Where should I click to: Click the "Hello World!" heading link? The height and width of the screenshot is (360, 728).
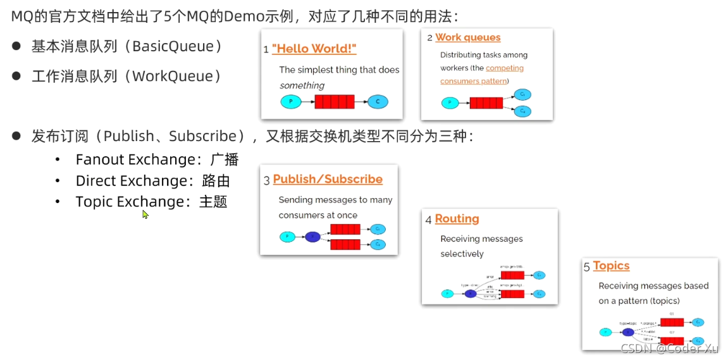tap(314, 49)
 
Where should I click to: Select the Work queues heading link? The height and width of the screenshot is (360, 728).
tap(467, 37)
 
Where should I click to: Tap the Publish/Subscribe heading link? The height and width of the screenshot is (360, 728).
tap(328, 179)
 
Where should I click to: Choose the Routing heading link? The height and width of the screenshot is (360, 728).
tap(457, 219)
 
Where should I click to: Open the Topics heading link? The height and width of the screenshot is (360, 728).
tap(611, 266)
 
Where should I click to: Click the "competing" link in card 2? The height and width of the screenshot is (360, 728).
tap(505, 68)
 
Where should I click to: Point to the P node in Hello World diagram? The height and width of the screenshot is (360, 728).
tap(291, 101)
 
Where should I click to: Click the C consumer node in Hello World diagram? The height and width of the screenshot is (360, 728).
tap(378, 101)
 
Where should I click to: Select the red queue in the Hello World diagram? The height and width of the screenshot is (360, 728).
tap(335, 101)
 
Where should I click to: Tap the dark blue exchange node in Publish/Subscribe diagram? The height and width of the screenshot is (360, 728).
tap(312, 237)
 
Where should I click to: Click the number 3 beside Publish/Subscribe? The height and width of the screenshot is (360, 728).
tap(267, 181)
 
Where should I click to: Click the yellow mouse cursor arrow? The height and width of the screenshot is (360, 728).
tap(145, 214)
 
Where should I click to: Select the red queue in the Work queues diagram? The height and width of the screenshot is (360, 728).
tap(486, 102)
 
